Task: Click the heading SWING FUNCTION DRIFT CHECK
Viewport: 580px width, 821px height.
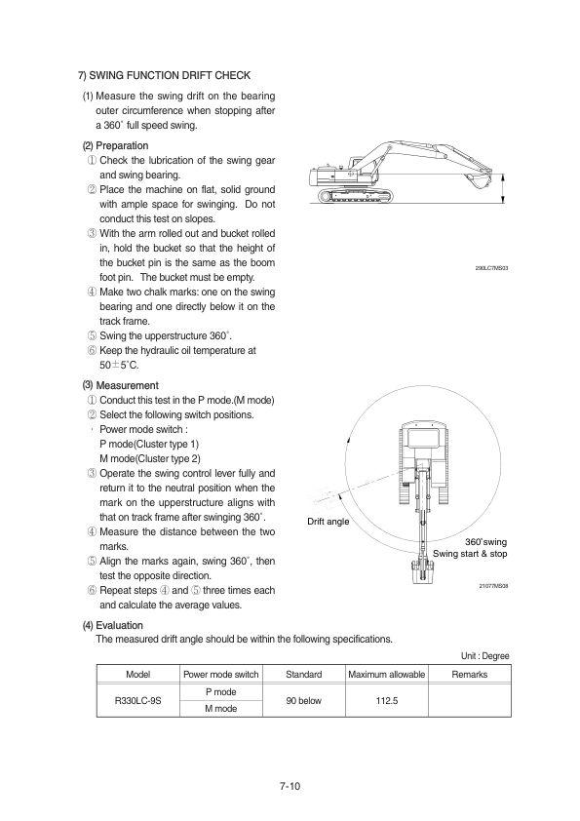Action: (x=165, y=75)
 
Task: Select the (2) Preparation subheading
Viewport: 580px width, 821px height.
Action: (x=116, y=145)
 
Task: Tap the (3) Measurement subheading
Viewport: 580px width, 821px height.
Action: (x=121, y=385)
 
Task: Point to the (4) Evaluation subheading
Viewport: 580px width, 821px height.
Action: (x=112, y=625)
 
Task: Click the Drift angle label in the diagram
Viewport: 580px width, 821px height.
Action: (x=329, y=522)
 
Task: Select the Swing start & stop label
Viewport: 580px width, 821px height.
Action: (x=470, y=554)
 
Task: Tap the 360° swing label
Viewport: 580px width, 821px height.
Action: (x=485, y=542)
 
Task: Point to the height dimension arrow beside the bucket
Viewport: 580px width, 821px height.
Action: (x=503, y=188)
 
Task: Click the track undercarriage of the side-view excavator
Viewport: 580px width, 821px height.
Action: (x=355, y=196)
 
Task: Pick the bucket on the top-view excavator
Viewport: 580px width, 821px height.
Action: (x=422, y=571)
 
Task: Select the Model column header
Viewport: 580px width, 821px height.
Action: (x=138, y=675)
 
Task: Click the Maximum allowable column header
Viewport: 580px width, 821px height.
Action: (x=387, y=675)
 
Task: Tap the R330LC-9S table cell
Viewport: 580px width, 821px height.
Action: (x=138, y=700)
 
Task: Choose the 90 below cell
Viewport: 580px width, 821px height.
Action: (x=303, y=700)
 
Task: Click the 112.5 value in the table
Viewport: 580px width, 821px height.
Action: (x=387, y=700)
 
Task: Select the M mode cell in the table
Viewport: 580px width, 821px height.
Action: (x=221, y=709)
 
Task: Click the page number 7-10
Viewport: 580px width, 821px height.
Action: (x=290, y=786)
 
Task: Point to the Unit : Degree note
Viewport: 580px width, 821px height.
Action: (x=484, y=656)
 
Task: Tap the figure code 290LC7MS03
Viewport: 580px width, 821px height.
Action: (x=491, y=268)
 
